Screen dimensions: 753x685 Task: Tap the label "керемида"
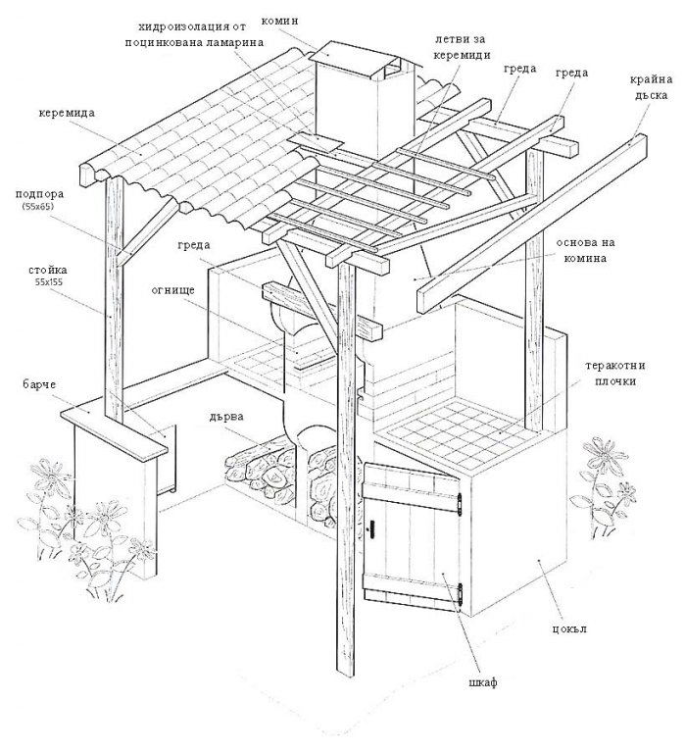tap(68, 113)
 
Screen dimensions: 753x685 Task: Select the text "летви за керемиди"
tap(464, 46)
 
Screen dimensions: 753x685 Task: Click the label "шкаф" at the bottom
tap(483, 682)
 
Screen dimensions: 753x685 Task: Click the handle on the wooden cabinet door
tap(372, 529)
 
